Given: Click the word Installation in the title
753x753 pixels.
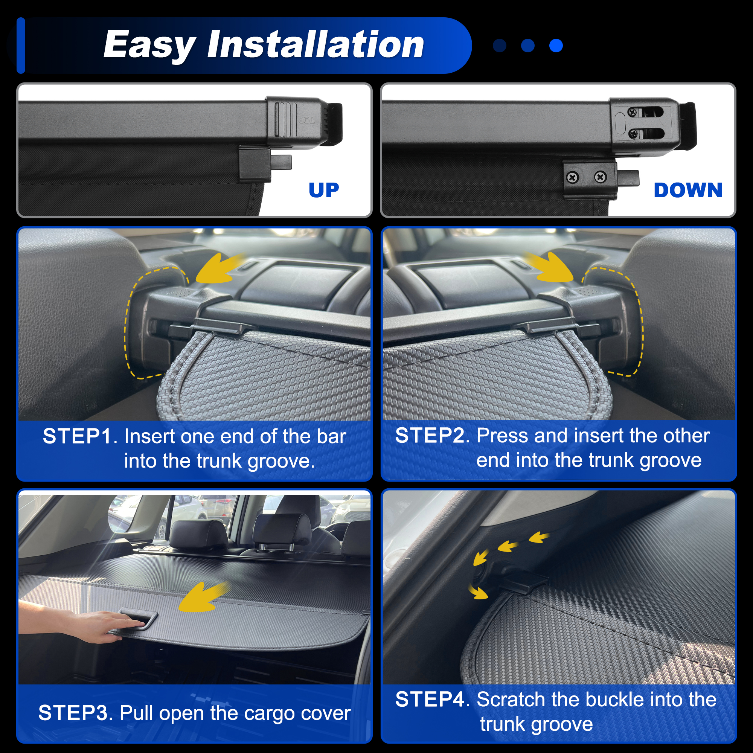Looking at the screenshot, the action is pyautogui.click(x=316, y=44).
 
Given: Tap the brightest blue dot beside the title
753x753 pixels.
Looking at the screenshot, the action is pyautogui.click(x=556, y=46).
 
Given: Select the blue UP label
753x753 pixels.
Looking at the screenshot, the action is pyautogui.click(x=324, y=190).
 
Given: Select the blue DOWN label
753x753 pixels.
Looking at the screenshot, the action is pyautogui.click(x=688, y=190).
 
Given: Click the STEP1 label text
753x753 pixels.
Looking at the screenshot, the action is pyautogui.click(x=77, y=436).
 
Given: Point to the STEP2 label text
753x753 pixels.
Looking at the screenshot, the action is pyautogui.click(x=430, y=435).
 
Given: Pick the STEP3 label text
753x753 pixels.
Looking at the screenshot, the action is pyautogui.click(x=73, y=713).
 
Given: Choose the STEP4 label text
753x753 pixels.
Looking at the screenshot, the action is pyautogui.click(x=430, y=699).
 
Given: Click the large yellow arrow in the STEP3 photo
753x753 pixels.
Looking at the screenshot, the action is pyautogui.click(x=203, y=597).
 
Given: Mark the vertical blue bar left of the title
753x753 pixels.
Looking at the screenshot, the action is pyautogui.click(x=21, y=46).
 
